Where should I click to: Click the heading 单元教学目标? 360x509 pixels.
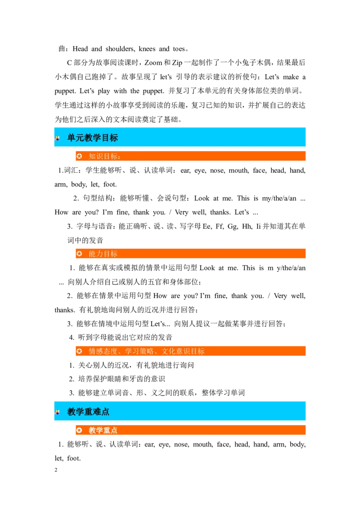pos(92,138)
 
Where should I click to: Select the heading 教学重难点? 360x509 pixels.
pos(88,412)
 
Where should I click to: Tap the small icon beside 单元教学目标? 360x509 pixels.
pos(58,138)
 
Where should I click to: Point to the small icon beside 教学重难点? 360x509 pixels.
pos(58,412)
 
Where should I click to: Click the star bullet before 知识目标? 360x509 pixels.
pos(79,156)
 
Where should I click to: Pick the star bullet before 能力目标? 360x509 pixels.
pos(79,254)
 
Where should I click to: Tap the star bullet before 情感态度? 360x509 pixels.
pos(79,351)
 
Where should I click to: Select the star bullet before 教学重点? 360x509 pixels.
pos(79,430)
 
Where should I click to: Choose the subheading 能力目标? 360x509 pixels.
pos(103,254)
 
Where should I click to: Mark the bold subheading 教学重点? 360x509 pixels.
pos(103,430)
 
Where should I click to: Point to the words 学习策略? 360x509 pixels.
pos(139,351)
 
